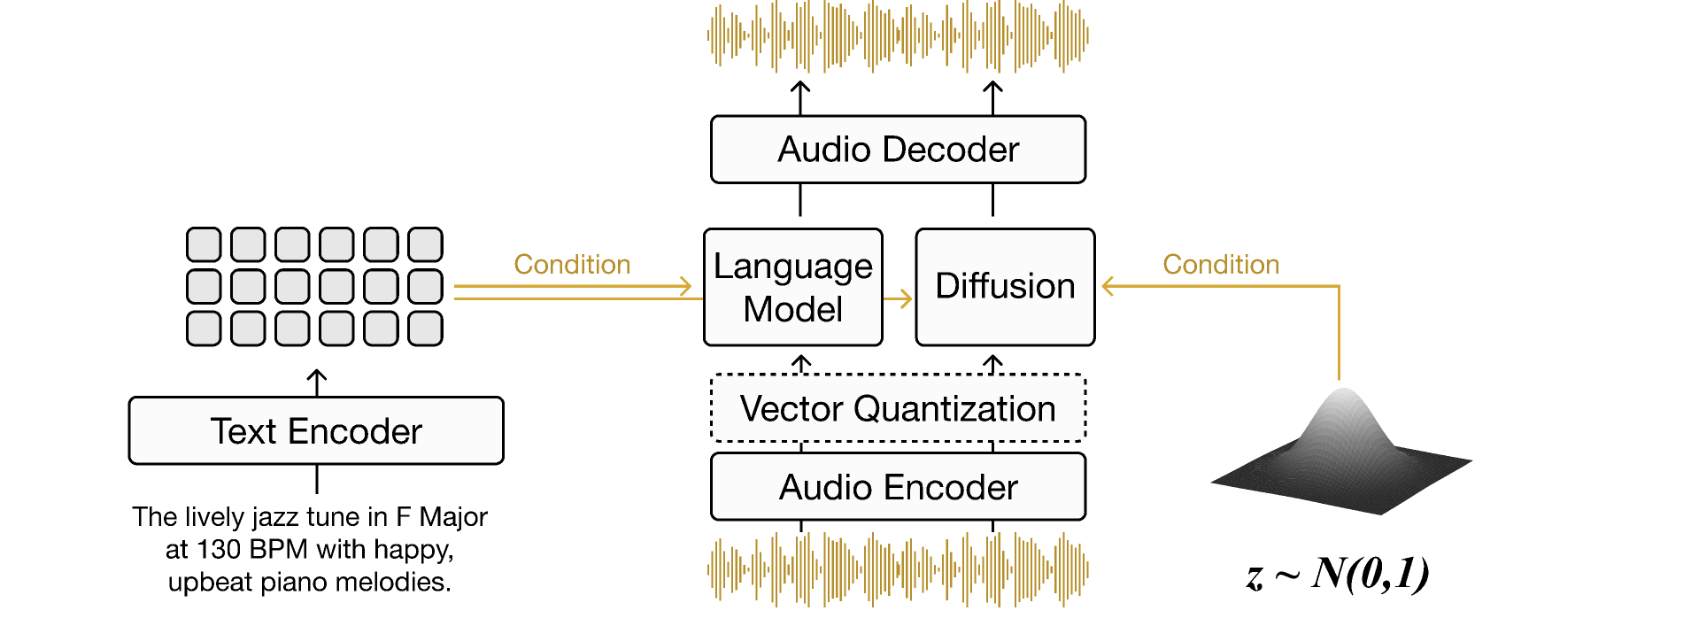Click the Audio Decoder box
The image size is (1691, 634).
(x=898, y=150)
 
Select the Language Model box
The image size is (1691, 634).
(x=792, y=287)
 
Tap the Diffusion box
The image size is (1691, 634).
(x=1005, y=287)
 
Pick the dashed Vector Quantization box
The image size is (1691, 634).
(x=898, y=408)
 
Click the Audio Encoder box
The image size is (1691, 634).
(x=898, y=487)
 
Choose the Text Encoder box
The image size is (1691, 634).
(x=316, y=431)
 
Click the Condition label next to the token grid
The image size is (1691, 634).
(x=572, y=265)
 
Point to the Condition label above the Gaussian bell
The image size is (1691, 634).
(x=1221, y=265)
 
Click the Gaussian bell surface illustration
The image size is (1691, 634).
(x=1342, y=452)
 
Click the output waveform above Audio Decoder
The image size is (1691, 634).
(x=898, y=36)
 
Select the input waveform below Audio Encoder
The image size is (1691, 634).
(x=898, y=569)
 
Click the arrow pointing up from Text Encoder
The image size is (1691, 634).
(x=317, y=383)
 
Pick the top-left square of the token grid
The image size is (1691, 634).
(x=204, y=244)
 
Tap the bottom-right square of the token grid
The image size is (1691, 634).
(x=425, y=329)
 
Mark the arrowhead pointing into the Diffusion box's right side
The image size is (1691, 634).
(x=1108, y=286)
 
